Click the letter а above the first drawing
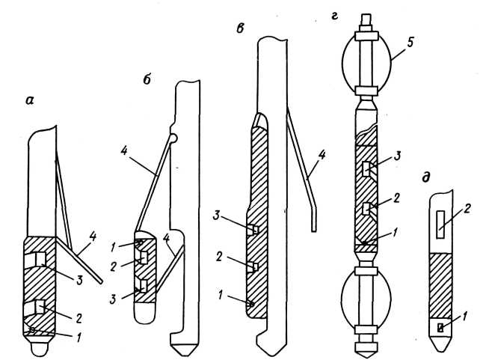tap(30, 100)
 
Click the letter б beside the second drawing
tap(147, 79)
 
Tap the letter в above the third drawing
tap(240, 28)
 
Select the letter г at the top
tap(334, 16)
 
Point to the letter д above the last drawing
tap(426, 177)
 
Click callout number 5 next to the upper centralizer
tap(410, 42)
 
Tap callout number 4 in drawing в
tap(322, 155)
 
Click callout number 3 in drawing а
tap(79, 280)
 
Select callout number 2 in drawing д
tap(467, 208)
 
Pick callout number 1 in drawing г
tap(394, 233)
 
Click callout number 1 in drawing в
tap(221, 295)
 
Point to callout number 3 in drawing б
tap(113, 299)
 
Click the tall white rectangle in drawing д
tap(440, 225)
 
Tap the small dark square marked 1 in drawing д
tap(440, 327)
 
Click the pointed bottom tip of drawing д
tap(440, 351)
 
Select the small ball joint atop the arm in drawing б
tap(173, 138)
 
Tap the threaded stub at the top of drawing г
tap(366, 20)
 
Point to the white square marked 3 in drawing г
tap(366, 168)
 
